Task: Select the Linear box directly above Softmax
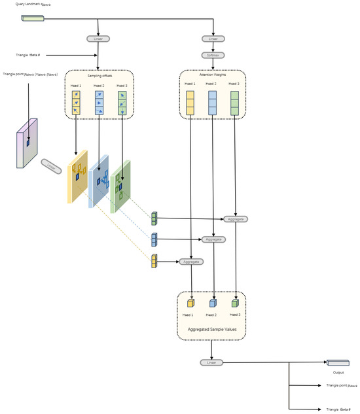click(x=213, y=39)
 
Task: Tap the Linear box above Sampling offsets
click(x=98, y=39)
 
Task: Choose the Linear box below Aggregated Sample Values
click(x=210, y=362)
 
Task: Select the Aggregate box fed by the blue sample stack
click(x=213, y=240)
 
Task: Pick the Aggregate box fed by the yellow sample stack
click(x=191, y=261)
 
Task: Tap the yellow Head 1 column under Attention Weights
click(x=190, y=103)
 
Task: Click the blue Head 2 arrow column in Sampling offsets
click(x=98, y=103)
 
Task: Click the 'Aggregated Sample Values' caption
click(x=212, y=329)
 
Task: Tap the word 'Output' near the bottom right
click(x=338, y=372)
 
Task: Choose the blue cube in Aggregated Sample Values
click(x=213, y=303)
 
